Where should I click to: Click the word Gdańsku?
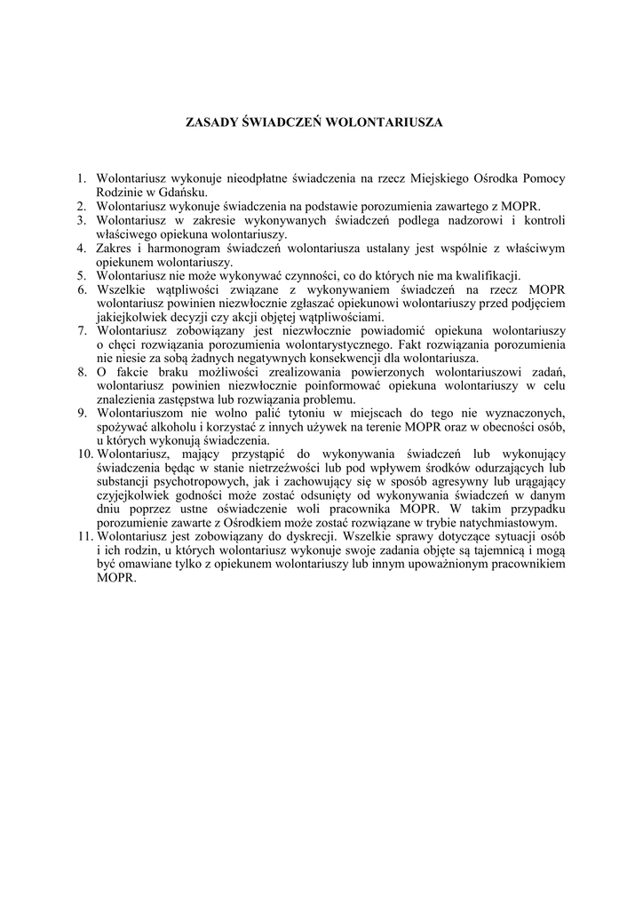[x=184, y=193]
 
